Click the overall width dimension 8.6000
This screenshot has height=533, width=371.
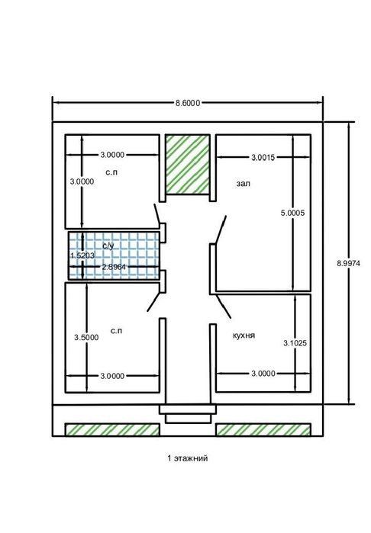click(x=188, y=103)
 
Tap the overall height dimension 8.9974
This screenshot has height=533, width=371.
click(x=349, y=263)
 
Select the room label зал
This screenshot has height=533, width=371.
click(x=244, y=184)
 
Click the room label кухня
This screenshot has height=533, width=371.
click(x=244, y=336)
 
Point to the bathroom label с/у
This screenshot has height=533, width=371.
click(x=108, y=246)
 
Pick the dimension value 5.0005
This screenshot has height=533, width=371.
click(x=292, y=214)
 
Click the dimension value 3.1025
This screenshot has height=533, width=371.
click(x=295, y=343)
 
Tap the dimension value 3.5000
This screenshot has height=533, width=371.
click(x=86, y=338)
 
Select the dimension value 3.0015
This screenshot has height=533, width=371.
click(x=263, y=157)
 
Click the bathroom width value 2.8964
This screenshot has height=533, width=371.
click(x=114, y=267)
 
